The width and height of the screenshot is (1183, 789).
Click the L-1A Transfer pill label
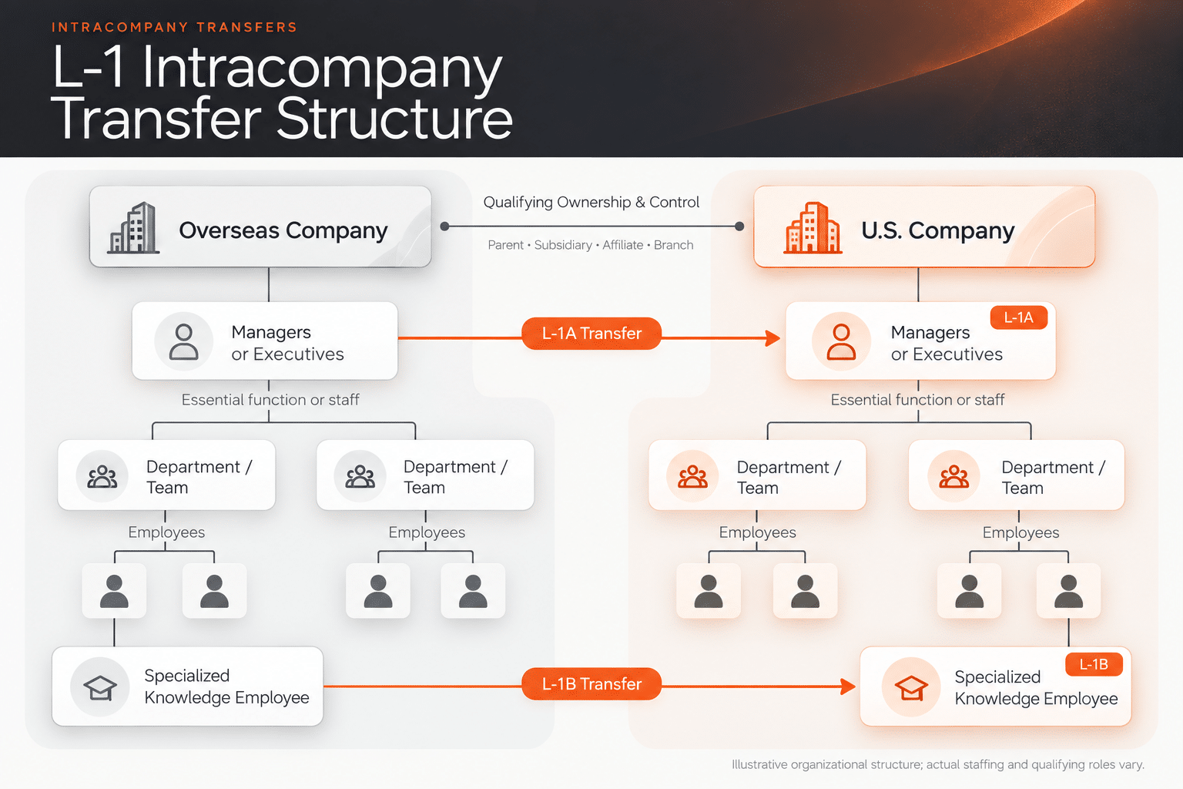pyautogui.click(x=591, y=334)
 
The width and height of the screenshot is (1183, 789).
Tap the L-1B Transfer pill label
pyautogui.click(x=591, y=684)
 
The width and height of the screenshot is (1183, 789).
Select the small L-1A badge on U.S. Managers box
pyautogui.click(x=1019, y=317)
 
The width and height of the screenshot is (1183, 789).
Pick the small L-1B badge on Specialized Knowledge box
pyautogui.click(x=1094, y=664)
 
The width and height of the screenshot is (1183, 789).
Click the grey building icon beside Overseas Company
pyautogui.click(x=133, y=228)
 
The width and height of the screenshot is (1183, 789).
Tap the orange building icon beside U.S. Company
pyautogui.click(x=813, y=228)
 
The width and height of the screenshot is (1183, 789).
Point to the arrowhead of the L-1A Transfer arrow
pyautogui.click(x=773, y=338)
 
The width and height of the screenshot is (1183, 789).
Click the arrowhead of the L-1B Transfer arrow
pyautogui.click(x=848, y=687)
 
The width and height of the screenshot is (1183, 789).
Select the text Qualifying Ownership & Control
pyautogui.click(x=591, y=202)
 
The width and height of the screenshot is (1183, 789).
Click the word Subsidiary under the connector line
pyautogui.click(x=563, y=245)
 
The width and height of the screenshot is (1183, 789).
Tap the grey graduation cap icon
pyautogui.click(x=100, y=687)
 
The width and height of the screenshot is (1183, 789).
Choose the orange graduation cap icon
pyautogui.click(x=911, y=687)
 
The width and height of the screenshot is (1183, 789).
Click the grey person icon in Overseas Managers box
pyautogui.click(x=184, y=342)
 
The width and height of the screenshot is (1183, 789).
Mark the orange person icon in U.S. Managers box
pyautogui.click(x=841, y=342)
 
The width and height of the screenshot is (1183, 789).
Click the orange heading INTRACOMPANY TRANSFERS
pyautogui.click(x=174, y=28)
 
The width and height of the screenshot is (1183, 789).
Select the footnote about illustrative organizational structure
pyautogui.click(x=938, y=764)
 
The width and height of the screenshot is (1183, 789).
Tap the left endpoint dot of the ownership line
pyautogui.click(x=444, y=227)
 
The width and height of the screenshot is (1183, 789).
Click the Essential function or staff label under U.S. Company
pyautogui.click(x=917, y=400)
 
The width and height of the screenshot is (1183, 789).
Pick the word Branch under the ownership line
pyautogui.click(x=673, y=245)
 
